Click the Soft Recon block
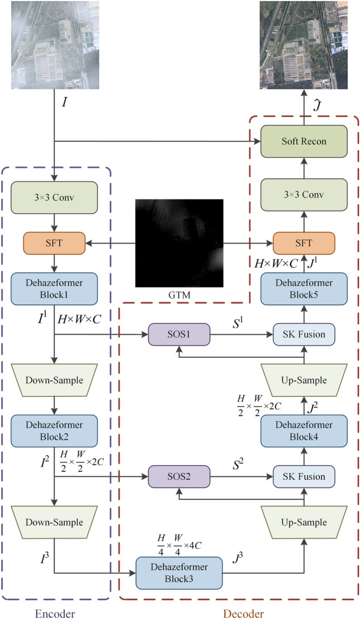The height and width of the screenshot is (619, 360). [304, 142]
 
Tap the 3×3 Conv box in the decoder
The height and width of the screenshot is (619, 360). [304, 195]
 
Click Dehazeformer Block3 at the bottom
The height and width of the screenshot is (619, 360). [179, 572]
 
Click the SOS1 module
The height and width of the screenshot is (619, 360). [178, 335]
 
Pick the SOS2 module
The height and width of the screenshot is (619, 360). [178, 476]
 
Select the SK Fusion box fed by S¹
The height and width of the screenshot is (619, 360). [304, 335]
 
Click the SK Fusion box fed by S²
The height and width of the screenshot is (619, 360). [304, 476]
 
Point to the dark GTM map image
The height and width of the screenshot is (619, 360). [179, 243]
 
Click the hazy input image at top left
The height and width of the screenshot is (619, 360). [55, 45]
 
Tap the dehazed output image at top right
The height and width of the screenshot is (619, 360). [304, 45]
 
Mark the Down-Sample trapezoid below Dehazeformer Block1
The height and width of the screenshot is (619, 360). [54, 381]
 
